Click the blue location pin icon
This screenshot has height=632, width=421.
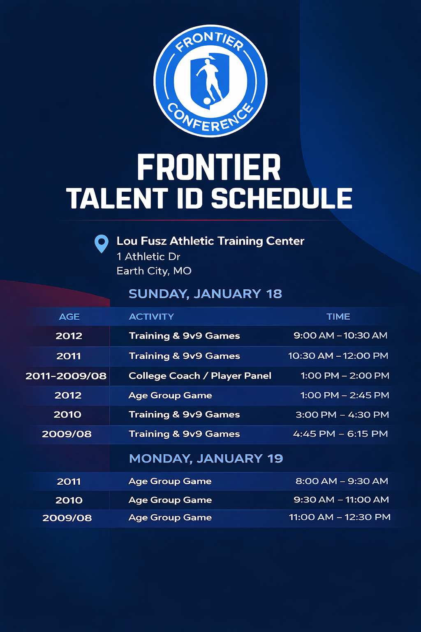coord(102,244)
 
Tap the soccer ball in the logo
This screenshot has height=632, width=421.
coord(207,101)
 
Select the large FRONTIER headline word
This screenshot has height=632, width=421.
coord(209,167)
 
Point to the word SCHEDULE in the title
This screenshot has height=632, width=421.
coord(282,199)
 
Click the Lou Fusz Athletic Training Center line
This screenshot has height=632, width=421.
coord(210,241)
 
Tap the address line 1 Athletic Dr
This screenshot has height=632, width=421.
coord(148,256)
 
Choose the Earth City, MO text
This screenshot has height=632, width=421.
coord(154,271)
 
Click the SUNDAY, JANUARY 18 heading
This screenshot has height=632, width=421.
coord(205,294)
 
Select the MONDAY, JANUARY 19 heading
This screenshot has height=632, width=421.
coord(206,458)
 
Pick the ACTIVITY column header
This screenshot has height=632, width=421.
coord(151,316)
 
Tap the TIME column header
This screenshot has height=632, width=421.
coord(338,316)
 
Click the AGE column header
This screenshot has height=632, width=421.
coord(69,317)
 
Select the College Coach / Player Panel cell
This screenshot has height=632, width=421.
coord(200,376)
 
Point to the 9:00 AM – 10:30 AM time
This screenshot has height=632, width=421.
coord(340,335)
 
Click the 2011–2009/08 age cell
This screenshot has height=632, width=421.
coord(66,376)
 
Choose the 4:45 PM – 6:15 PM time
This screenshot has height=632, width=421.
coord(340,434)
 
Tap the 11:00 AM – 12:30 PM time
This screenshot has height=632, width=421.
coord(340,517)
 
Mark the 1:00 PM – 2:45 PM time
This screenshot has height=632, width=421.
coord(345,395)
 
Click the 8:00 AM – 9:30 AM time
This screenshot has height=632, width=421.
coord(342,481)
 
